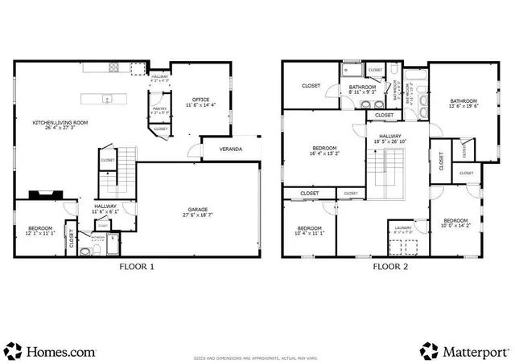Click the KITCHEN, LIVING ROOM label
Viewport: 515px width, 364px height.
pyautogui.click(x=60, y=125)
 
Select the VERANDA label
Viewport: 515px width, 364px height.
pyautogui.click(x=230, y=149)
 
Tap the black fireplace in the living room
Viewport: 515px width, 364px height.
pyautogui.click(x=43, y=194)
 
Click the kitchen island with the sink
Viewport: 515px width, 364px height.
pyautogui.click(x=108, y=100)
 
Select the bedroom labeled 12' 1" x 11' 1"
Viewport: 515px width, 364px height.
pyautogui.click(x=39, y=232)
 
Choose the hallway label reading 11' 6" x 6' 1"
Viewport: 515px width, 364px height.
pyautogui.click(x=105, y=210)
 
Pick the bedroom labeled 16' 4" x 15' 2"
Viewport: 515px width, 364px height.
pyautogui.click(x=325, y=151)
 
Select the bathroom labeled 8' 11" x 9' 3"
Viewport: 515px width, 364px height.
pyautogui.click(x=362, y=91)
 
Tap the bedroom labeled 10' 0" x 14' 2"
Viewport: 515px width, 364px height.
pyautogui.click(x=455, y=223)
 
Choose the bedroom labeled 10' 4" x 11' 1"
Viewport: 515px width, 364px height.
pyautogui.click(x=310, y=231)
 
